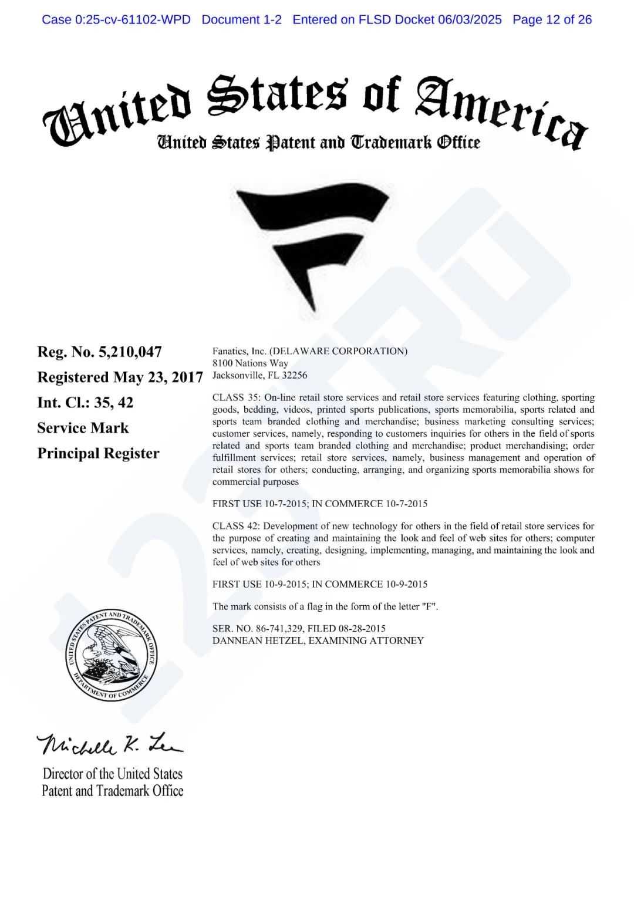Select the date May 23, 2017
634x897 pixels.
pyautogui.click(x=158, y=377)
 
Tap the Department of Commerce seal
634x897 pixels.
pyautogui.click(x=111, y=655)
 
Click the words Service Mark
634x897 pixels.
pyautogui.click(x=83, y=428)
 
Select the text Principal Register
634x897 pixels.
pyautogui.click(x=98, y=453)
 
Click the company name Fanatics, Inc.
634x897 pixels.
pyautogui.click(x=239, y=351)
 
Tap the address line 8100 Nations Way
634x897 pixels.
pyautogui.click(x=250, y=363)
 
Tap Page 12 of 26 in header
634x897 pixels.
pyautogui.click(x=552, y=19)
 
